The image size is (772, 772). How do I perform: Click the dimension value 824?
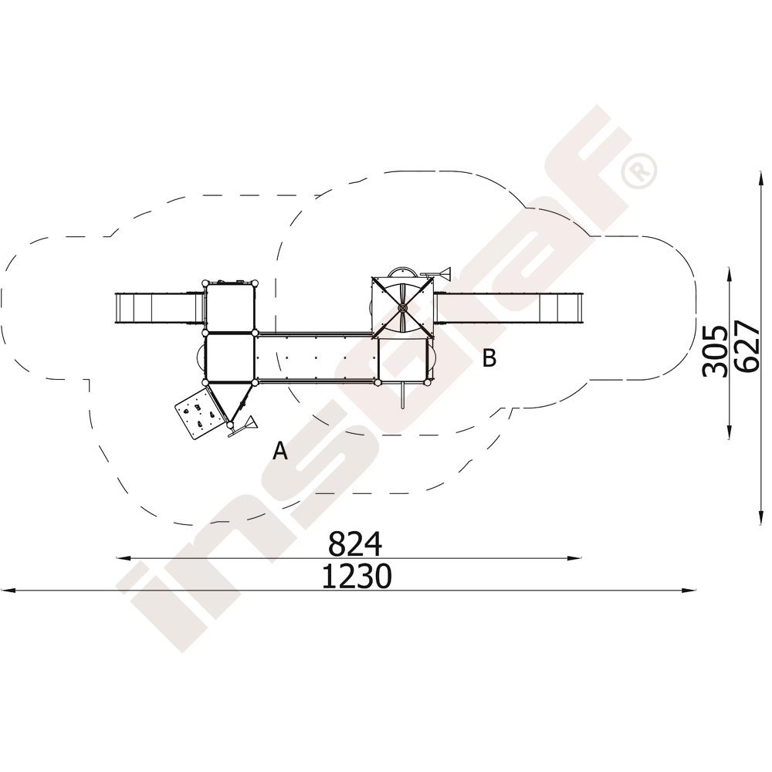pyautogui.click(x=354, y=543)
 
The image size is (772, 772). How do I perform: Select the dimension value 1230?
pyautogui.click(x=357, y=576)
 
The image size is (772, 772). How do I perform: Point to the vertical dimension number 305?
pyautogui.click(x=715, y=351)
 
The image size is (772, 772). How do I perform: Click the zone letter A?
pyautogui.click(x=280, y=451)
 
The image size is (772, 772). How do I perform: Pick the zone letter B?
pyautogui.click(x=489, y=358)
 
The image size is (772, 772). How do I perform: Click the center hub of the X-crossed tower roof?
pyautogui.click(x=403, y=309)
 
